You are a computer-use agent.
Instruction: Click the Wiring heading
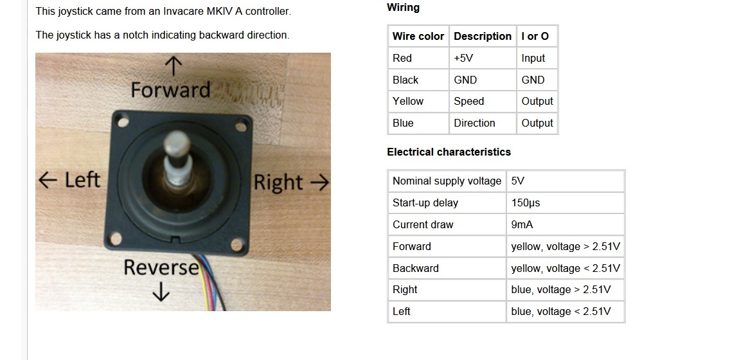click(x=403, y=8)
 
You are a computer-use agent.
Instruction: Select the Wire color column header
click(x=418, y=36)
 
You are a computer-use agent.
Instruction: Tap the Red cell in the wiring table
click(x=402, y=58)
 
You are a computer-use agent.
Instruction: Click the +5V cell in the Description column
click(x=463, y=58)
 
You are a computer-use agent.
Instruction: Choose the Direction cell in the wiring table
click(x=474, y=123)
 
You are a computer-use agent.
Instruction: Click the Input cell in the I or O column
click(x=533, y=58)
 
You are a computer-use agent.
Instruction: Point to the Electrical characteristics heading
click(x=449, y=152)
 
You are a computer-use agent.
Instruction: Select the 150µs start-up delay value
click(x=526, y=203)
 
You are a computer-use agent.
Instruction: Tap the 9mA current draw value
click(x=522, y=224)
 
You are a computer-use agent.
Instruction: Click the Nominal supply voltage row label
click(x=447, y=181)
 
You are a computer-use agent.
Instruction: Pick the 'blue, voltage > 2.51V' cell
click(x=560, y=289)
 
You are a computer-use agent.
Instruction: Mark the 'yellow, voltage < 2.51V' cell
click(x=565, y=268)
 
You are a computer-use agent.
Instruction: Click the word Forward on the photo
click(x=170, y=89)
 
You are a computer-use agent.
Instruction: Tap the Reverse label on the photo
click(x=161, y=267)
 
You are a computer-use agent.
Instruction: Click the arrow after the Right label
click(x=319, y=183)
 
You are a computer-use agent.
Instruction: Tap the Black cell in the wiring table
click(x=405, y=80)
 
